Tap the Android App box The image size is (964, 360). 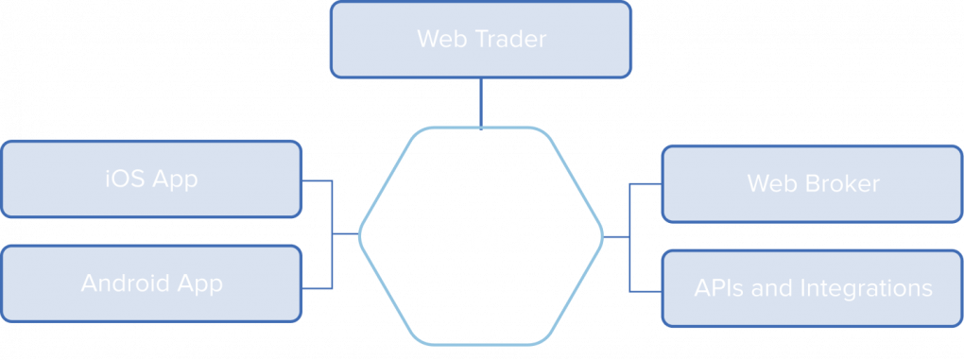pos(151,283)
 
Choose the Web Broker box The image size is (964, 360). pos(812,183)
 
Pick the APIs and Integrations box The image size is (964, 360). pos(812,288)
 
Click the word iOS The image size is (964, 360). pos(124,180)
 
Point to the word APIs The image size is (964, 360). pos(719,288)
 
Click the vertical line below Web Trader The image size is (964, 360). pos(481,102)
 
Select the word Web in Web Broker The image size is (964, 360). pos(768,183)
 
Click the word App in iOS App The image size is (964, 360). pos(174,180)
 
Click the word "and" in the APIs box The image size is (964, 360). pos(774,288)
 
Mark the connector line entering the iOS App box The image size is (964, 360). pos(318,180)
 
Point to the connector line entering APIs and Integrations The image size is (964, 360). pos(645,289)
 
